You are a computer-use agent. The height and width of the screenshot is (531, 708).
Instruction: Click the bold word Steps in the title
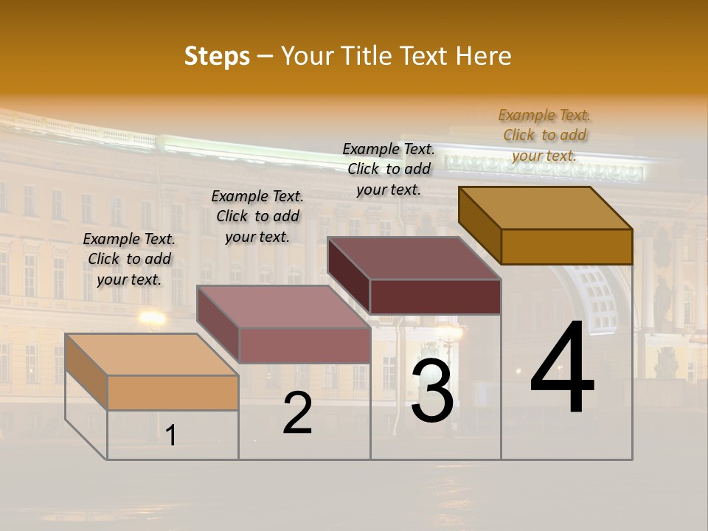coord(217,56)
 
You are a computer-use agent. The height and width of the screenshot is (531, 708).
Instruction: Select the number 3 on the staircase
coord(432,390)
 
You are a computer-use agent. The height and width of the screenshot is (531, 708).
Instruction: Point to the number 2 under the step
coord(297,413)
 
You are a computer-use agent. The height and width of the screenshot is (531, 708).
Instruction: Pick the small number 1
coord(171,435)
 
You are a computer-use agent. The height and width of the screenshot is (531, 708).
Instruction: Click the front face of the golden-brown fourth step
coord(566,246)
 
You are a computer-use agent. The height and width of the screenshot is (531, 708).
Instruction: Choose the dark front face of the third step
coord(435,296)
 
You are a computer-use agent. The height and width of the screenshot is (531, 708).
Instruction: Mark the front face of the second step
coord(304,345)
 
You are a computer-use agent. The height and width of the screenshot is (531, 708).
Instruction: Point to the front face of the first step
coord(173,392)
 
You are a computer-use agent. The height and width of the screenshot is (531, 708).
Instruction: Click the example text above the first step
coord(129,259)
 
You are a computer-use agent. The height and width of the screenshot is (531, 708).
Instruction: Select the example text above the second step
coord(257,216)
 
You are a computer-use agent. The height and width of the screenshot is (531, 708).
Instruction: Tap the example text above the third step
coord(389,169)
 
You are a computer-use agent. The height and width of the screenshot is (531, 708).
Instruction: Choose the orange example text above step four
coord(544,135)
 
